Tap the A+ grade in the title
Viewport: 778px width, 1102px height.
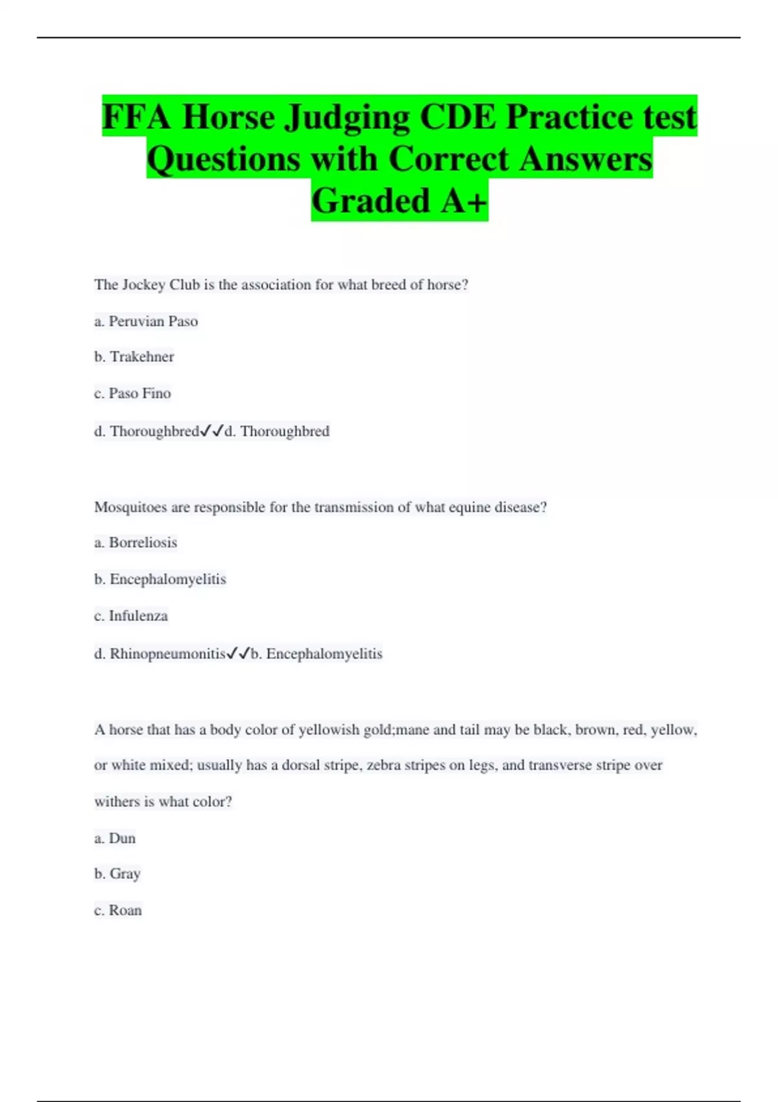coord(463,201)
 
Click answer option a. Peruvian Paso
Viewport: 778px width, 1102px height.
coord(146,322)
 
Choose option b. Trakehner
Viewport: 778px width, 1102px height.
coord(134,357)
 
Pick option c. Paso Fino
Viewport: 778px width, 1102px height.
coord(132,393)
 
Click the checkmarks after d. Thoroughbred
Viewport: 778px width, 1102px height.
coord(212,431)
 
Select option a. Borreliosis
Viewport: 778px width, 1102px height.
coord(136,543)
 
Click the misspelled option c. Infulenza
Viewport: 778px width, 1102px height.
coord(131,616)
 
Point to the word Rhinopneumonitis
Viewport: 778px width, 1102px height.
coord(167,654)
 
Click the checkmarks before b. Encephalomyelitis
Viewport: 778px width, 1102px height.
coord(238,654)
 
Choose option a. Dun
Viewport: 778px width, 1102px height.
coord(115,839)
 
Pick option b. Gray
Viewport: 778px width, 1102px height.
coord(117,874)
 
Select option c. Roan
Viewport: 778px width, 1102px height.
coord(118,911)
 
